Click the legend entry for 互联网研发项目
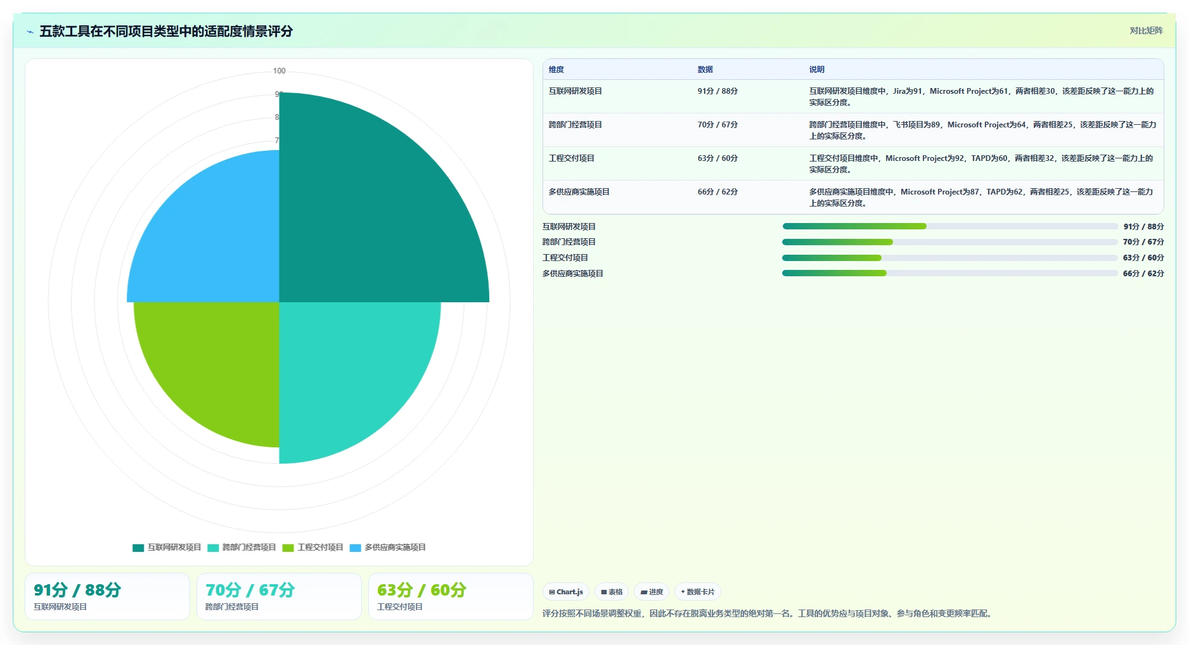(x=167, y=547)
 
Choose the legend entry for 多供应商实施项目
(x=388, y=547)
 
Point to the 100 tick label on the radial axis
(x=280, y=71)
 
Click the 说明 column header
(x=817, y=70)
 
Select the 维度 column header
(x=556, y=70)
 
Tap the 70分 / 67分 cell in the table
(x=717, y=125)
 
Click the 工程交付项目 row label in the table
(x=572, y=158)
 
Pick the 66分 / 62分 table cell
(x=717, y=192)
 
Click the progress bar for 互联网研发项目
(x=950, y=226)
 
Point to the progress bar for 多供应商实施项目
(x=950, y=273)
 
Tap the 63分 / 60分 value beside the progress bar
(x=1143, y=258)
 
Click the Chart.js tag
(x=566, y=592)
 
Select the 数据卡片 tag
(x=698, y=592)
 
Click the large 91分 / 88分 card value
(x=77, y=591)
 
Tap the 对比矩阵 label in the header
(x=1147, y=30)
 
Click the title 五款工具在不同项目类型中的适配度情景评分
(x=166, y=31)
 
